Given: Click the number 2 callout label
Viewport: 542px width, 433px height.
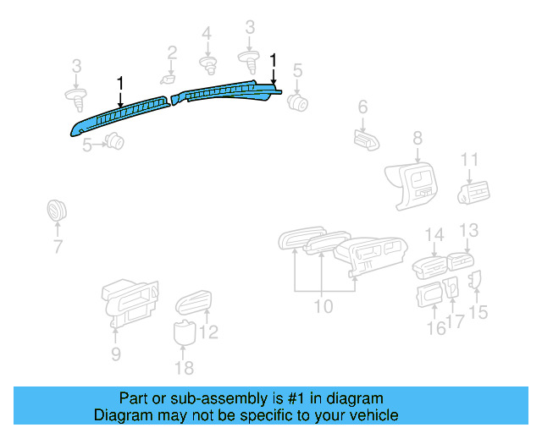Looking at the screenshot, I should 172,53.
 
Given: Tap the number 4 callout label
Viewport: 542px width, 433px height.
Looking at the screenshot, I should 207,34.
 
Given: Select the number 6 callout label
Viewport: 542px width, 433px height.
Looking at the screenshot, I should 362,107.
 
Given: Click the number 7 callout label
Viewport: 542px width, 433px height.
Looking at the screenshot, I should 58,247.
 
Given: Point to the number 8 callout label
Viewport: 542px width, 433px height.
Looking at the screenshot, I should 417,137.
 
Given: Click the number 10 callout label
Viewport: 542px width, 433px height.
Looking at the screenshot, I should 324,306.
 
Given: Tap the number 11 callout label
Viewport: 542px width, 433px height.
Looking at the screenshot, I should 470,160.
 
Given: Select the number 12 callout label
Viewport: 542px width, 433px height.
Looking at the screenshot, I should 208,332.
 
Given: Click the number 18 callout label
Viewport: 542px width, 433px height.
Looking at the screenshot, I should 184,367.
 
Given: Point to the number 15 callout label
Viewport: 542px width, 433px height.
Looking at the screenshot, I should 478,312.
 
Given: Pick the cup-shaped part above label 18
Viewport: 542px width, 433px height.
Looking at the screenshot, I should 184,332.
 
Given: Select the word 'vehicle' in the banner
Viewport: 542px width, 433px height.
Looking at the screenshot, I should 372,415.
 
